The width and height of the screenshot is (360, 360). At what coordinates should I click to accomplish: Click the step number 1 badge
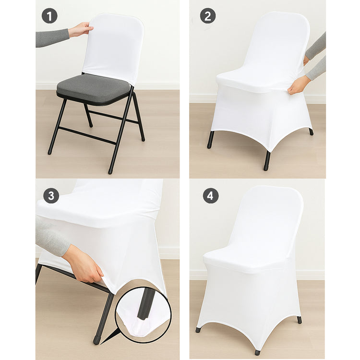[x=49, y=16]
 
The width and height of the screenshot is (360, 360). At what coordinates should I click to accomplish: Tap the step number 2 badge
[x=207, y=16]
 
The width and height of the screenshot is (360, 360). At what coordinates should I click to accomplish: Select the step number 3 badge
[x=51, y=196]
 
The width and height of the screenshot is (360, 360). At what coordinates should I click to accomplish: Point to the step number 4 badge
[x=210, y=195]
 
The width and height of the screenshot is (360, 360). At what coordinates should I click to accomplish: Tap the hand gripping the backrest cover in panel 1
[x=81, y=30]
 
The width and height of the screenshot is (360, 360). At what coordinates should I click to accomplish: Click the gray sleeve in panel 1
[x=52, y=37]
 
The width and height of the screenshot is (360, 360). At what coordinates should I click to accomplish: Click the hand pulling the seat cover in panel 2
[x=299, y=85]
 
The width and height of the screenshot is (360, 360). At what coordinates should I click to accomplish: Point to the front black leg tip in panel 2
[x=267, y=161]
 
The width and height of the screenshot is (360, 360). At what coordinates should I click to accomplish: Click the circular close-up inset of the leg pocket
[x=143, y=315]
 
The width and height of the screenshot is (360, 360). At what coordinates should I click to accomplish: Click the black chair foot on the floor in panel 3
[x=97, y=339]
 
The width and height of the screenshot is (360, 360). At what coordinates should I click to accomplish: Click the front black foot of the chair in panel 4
[x=258, y=352]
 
